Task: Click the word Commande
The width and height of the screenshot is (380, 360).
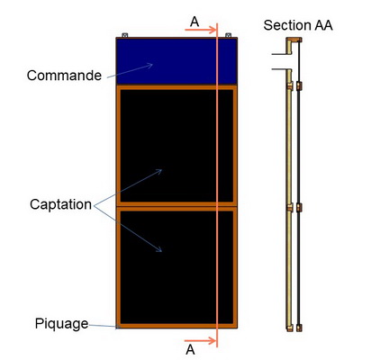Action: pyautogui.click(x=64, y=76)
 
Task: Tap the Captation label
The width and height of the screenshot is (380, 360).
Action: pyautogui.click(x=60, y=204)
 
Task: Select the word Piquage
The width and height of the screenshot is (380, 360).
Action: pyautogui.click(x=61, y=324)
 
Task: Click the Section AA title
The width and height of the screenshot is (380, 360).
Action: pyautogui.click(x=298, y=25)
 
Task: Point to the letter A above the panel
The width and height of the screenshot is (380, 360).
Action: pyautogui.click(x=195, y=22)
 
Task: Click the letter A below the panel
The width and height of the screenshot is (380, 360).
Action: pyautogui.click(x=190, y=350)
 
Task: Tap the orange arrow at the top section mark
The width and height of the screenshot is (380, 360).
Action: pyautogui.click(x=201, y=30)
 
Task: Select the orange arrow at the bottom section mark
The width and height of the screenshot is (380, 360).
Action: pyautogui.click(x=200, y=341)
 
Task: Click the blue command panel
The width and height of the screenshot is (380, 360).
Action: pyautogui.click(x=176, y=61)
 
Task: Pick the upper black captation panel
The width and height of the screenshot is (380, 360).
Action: pyautogui.click(x=176, y=146)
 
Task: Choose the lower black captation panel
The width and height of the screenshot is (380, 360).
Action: pyautogui.click(x=176, y=267)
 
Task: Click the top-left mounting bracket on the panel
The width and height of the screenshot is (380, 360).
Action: pyautogui.click(x=125, y=35)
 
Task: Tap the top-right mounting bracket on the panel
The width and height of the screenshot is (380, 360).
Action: pyautogui.click(x=229, y=35)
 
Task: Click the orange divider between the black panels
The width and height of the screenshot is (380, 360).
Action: pyautogui.click(x=176, y=206)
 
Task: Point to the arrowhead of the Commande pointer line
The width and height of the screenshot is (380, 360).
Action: pyautogui.click(x=151, y=65)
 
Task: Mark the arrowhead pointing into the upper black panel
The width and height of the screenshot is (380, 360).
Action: pyautogui.click(x=159, y=171)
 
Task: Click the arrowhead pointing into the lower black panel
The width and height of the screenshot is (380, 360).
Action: pyautogui.click(x=159, y=249)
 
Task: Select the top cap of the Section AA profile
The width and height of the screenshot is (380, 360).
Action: pyautogui.click(x=294, y=40)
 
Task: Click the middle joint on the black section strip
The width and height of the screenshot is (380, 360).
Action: pyautogui.click(x=299, y=208)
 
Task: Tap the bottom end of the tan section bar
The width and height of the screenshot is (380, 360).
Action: pyautogui.click(x=289, y=328)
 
